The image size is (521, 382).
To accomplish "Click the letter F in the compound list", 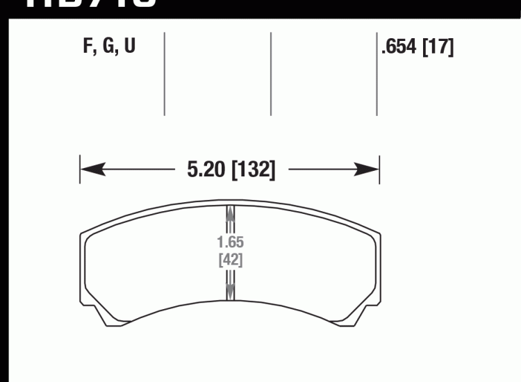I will pos(87,48).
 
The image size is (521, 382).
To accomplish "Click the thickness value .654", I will pos(399,48).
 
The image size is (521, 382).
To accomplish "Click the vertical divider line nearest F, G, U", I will pos(164,73).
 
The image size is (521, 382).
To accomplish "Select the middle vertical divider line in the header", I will pos(270,73).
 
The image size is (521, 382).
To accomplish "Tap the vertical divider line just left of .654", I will pos(377,73).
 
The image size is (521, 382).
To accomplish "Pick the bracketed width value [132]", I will pos(253,169).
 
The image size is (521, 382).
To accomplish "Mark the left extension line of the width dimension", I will pos(80,169).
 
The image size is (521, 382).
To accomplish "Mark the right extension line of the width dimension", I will pos(379,169).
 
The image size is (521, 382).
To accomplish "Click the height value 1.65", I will pos(230,244).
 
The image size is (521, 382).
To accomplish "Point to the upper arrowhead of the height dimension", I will pos(231,215).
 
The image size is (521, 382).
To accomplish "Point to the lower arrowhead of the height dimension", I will pos(231,290).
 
